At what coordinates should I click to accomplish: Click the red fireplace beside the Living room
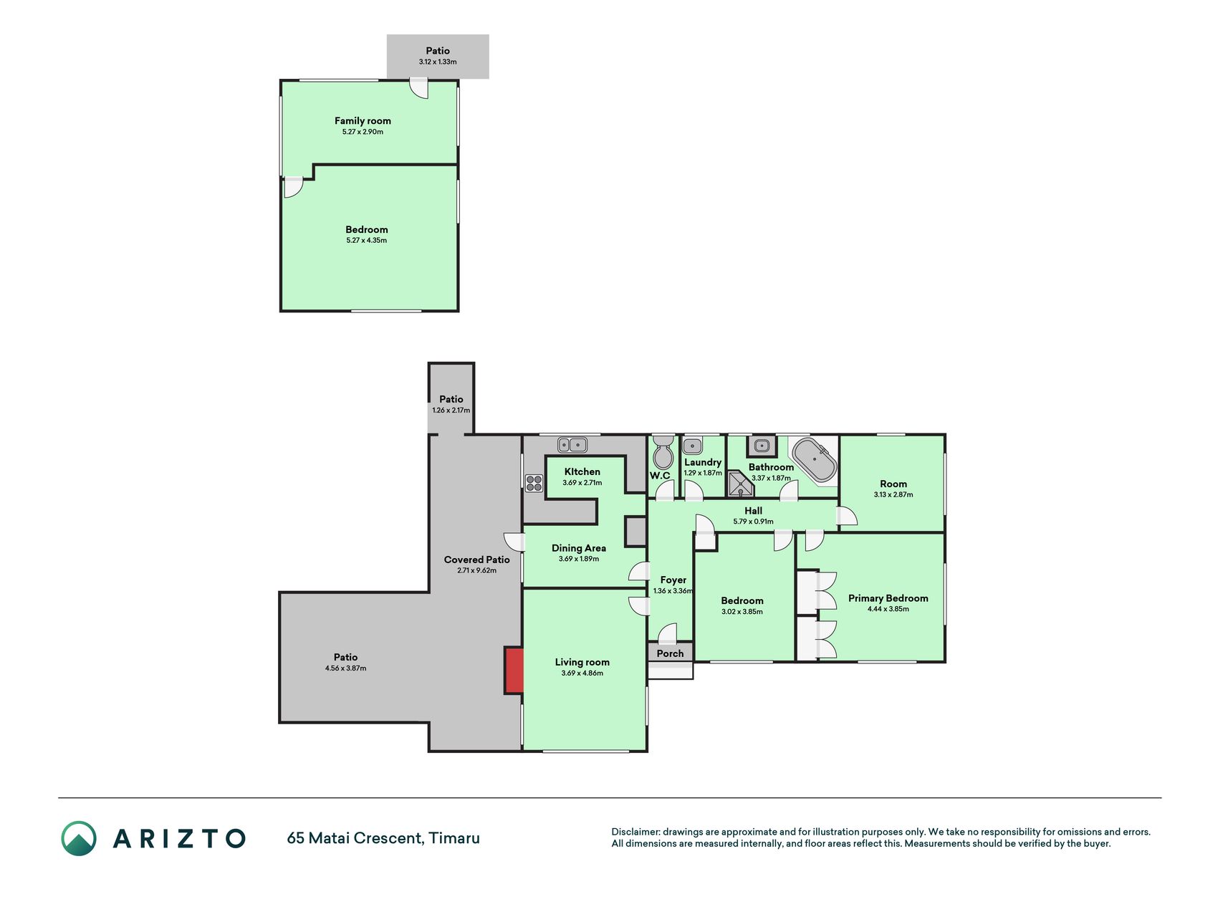click(514, 671)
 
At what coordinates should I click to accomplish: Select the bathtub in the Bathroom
click(815, 460)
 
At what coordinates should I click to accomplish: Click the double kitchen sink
click(572, 445)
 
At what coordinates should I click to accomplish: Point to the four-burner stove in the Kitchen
click(534, 483)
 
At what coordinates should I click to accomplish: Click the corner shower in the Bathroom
click(741, 484)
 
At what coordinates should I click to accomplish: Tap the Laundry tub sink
click(692, 446)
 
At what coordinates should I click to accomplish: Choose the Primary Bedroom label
click(888, 598)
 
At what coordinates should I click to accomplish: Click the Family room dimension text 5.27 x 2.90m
click(363, 132)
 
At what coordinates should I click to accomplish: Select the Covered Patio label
click(476, 560)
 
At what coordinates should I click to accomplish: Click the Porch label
click(670, 653)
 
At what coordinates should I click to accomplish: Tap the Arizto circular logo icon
click(79, 838)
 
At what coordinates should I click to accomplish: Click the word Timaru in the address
click(454, 838)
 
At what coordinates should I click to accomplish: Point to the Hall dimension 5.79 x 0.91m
click(753, 522)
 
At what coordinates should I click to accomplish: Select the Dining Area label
click(579, 548)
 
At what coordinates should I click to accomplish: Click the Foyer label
click(673, 580)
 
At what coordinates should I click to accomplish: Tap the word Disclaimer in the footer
click(635, 832)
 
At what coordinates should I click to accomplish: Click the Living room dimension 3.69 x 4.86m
click(582, 673)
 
